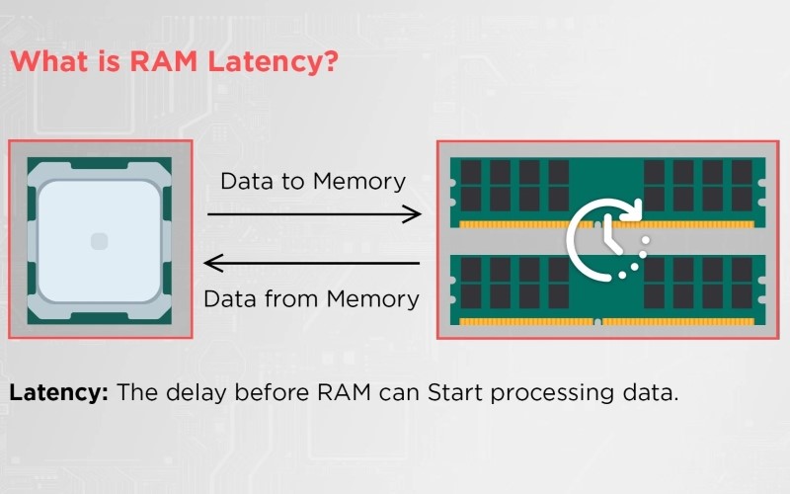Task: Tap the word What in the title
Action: tap(50, 62)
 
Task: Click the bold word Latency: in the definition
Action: tap(58, 392)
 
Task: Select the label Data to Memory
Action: tap(312, 182)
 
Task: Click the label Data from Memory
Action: tap(312, 297)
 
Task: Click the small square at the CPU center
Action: tap(97, 240)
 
